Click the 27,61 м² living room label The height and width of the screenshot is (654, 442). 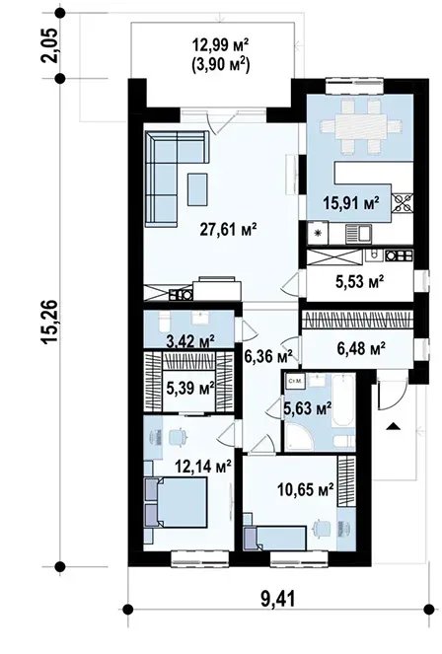[228, 230]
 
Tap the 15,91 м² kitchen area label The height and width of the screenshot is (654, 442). [351, 203]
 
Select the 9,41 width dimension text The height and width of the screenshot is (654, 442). [277, 600]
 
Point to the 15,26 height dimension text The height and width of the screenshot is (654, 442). [49, 322]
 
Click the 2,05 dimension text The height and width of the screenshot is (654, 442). [49, 45]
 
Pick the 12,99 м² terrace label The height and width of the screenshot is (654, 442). [221, 43]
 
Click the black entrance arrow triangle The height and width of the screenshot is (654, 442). [393, 426]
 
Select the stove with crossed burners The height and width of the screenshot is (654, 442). [402, 204]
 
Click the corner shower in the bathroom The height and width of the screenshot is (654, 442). [298, 437]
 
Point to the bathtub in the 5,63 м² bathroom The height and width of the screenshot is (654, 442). [343, 400]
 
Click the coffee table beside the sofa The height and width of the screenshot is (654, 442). [197, 189]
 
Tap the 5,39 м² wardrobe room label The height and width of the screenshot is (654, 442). [190, 389]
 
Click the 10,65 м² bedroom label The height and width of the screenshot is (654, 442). [306, 489]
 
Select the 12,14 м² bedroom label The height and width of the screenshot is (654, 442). [203, 467]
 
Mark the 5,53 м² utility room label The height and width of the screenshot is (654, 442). [359, 282]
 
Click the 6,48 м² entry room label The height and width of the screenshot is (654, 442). [361, 347]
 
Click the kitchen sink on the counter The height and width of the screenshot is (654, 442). [358, 234]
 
